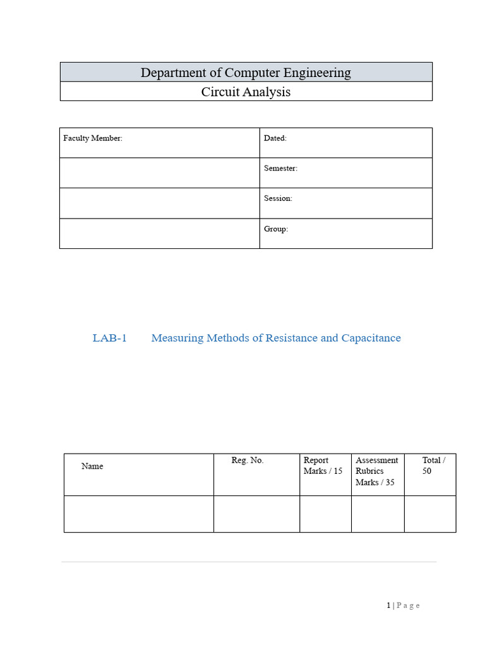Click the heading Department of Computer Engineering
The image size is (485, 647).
(246, 73)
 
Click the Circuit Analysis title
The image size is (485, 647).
(246, 92)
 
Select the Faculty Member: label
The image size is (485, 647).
(93, 138)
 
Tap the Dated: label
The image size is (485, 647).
(275, 138)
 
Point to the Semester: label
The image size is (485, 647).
(280, 168)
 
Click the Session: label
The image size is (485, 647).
(278, 198)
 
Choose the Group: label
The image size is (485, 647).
(276, 229)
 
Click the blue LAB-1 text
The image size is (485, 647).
(110, 338)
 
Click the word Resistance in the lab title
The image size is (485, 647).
(291, 338)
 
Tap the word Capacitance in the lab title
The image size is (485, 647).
(371, 338)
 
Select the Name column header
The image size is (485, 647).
(92, 466)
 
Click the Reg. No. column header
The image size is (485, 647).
(248, 461)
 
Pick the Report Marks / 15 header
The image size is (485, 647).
(323, 466)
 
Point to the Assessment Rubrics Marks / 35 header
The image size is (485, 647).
(376, 471)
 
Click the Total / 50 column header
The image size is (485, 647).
(433, 466)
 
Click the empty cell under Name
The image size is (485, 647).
(138, 514)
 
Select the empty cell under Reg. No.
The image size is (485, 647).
(256, 514)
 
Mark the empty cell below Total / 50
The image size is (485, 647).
(429, 514)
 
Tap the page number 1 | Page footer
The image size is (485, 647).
(403, 605)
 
